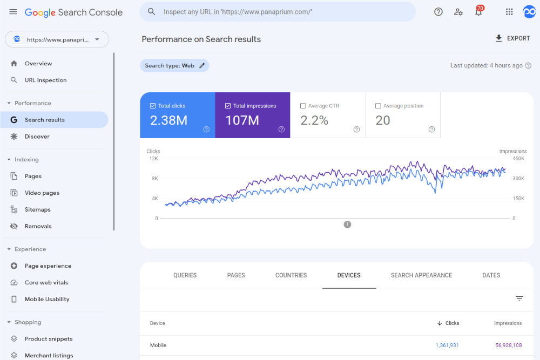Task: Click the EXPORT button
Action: (512, 38)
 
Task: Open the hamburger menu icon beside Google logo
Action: (13, 12)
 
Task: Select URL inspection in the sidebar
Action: (45, 80)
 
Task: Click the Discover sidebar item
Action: (37, 137)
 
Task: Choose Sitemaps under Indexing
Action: (37, 209)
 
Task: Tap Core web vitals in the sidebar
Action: (46, 282)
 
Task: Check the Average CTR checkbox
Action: (303, 106)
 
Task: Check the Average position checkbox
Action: (378, 106)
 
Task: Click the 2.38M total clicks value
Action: (168, 120)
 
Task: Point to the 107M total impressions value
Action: (242, 120)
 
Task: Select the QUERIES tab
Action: (185, 275)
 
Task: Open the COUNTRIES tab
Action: (291, 275)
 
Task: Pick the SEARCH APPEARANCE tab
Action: (421, 275)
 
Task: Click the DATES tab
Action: (491, 275)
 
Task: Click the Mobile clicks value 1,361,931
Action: (447, 345)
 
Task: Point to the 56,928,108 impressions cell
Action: (508, 345)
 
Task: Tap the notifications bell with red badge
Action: (478, 12)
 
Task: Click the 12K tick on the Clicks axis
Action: (153, 159)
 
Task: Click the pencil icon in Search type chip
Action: (202, 66)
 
